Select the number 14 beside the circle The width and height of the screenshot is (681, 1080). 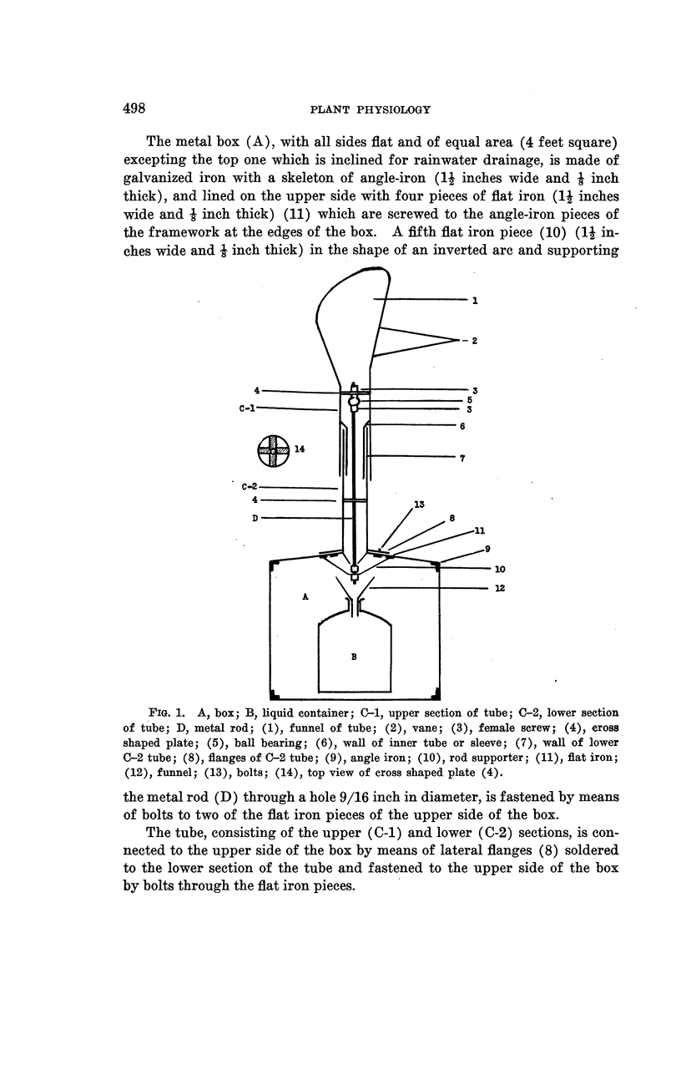click(299, 449)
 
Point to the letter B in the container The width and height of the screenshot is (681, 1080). click(354, 657)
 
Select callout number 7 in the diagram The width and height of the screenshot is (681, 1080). click(462, 457)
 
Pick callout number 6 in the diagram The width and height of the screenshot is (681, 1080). click(462, 426)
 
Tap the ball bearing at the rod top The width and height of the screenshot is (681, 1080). click(354, 401)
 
